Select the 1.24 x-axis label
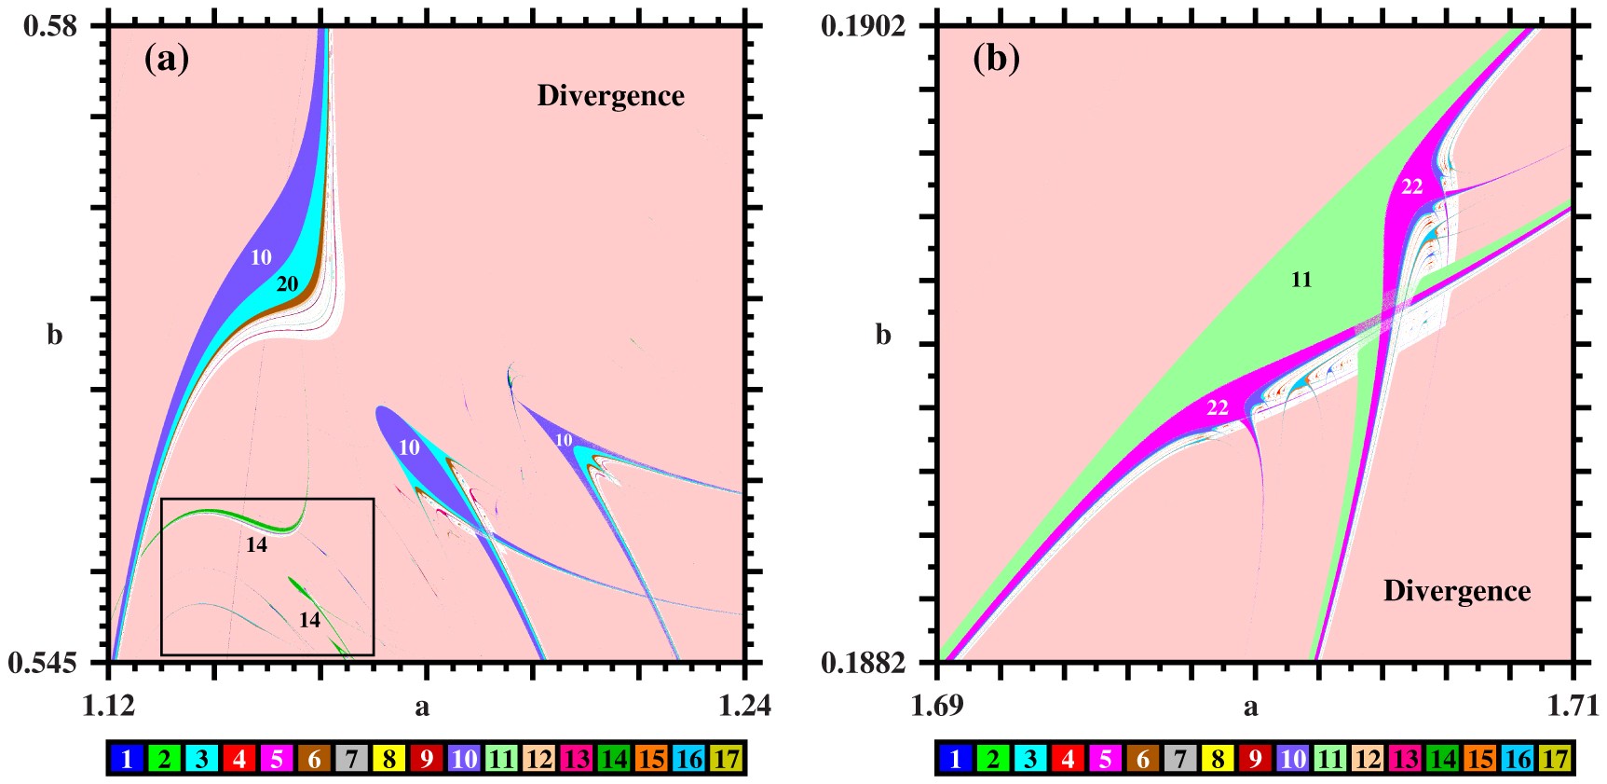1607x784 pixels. [745, 706]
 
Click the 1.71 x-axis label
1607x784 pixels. [1573, 706]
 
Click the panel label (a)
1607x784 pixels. [167, 59]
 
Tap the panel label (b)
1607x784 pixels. [996, 59]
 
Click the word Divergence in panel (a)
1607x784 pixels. [610, 96]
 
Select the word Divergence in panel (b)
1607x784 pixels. [1457, 591]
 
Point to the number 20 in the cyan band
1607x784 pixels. [287, 284]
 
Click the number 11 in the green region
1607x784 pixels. [1301, 280]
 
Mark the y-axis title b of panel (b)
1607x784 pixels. [883, 335]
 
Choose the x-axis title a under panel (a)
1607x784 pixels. [422, 708]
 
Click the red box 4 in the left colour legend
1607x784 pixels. [239, 759]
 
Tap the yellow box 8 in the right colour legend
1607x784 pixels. [1218, 759]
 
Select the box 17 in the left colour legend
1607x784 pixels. [727, 759]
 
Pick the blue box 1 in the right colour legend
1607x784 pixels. [955, 759]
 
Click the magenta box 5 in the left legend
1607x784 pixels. [277, 759]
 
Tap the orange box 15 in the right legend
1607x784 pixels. [1480, 759]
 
